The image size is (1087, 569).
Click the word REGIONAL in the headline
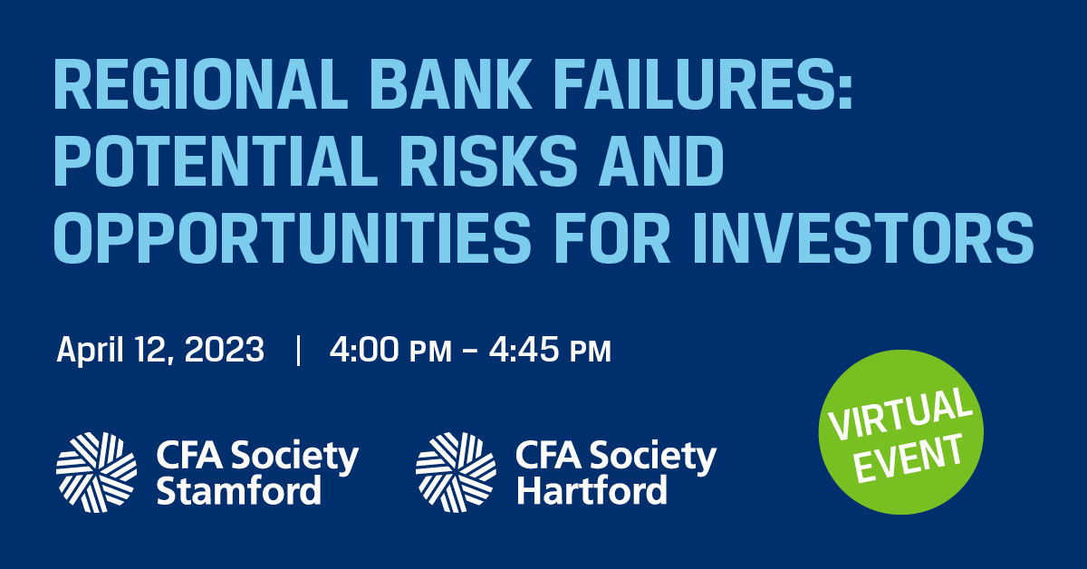click(x=201, y=84)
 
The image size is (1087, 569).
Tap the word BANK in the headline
click(x=451, y=84)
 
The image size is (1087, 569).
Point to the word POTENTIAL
click(x=216, y=160)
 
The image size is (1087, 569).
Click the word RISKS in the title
click(x=488, y=160)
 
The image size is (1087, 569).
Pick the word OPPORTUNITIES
click(x=293, y=237)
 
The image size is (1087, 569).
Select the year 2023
click(x=225, y=349)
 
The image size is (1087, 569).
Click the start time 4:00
click(x=364, y=349)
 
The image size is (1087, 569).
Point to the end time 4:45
click(x=524, y=349)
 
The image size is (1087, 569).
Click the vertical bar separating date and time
click(x=298, y=350)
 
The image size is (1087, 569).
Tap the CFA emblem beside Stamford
click(x=96, y=472)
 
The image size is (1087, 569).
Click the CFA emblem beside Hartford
click(x=456, y=472)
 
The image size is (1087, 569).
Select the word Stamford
click(x=239, y=490)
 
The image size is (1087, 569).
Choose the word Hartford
click(x=592, y=490)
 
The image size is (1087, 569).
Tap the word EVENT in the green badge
click(x=908, y=458)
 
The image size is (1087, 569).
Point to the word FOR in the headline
click(x=612, y=237)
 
